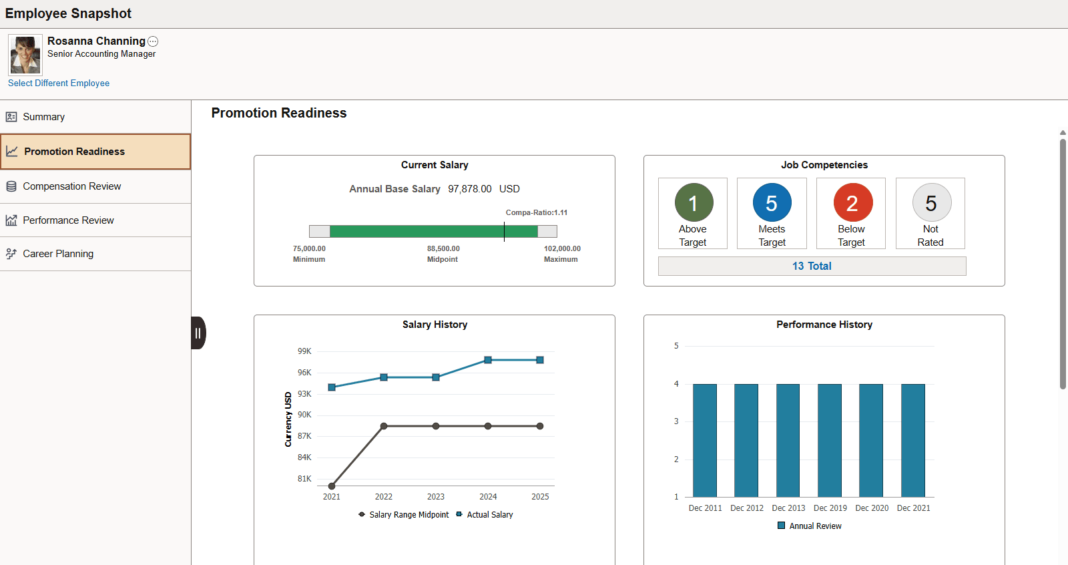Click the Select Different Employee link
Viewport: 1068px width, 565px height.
(x=59, y=83)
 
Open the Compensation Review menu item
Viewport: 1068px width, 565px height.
(x=71, y=186)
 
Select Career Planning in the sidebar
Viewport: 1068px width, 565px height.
(x=58, y=254)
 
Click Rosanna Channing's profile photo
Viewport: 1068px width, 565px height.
(x=25, y=55)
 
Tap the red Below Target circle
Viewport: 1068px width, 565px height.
(x=852, y=203)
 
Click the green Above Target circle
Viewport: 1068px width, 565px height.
(x=694, y=203)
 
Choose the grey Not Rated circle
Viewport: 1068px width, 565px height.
(x=931, y=203)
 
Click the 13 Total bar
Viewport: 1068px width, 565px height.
(x=812, y=266)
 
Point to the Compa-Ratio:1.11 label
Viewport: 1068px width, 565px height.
(x=536, y=212)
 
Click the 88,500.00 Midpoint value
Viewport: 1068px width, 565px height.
(x=443, y=248)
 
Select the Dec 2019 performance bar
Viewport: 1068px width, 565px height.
(x=830, y=440)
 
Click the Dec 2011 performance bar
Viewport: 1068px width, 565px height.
(x=705, y=440)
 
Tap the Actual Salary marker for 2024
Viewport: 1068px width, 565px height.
(x=488, y=360)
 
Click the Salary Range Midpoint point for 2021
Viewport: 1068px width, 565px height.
(x=332, y=486)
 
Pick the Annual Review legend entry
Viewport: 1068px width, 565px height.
(x=809, y=526)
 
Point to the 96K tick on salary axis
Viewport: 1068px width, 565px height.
(x=304, y=373)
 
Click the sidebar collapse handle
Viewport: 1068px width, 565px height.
(x=198, y=333)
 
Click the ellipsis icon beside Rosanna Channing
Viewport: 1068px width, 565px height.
(x=153, y=41)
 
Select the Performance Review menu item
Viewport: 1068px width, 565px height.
(x=68, y=220)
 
